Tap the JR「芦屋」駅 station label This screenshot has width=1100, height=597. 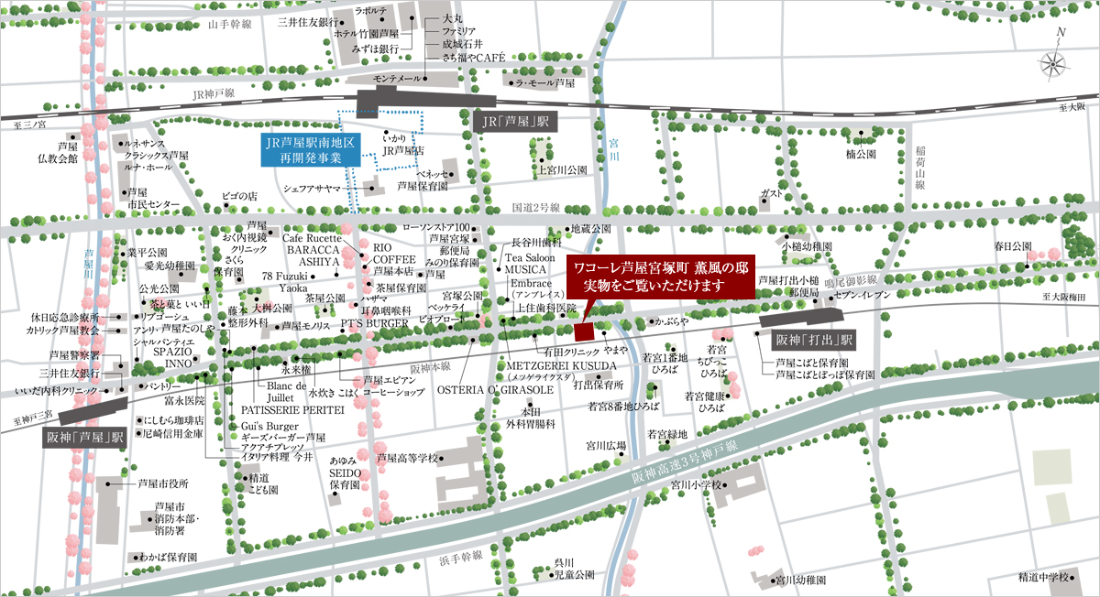(515, 121)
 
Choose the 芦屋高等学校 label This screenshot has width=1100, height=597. (408, 454)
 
